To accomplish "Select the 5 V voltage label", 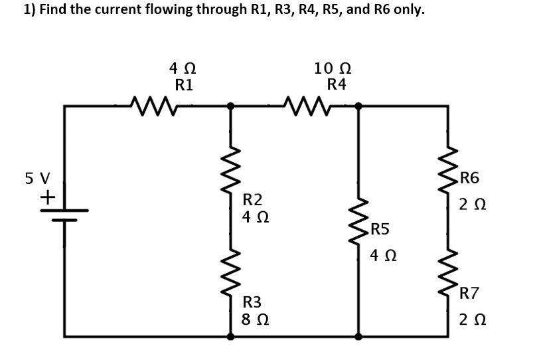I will coord(37,179).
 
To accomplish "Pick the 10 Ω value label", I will coord(333,68).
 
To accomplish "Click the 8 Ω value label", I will coord(256,319).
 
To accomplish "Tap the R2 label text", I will coord(252,199).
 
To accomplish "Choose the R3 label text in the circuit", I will coord(252,302).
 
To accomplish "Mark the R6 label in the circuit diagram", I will coord(469,177).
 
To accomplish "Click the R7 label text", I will coord(469,292).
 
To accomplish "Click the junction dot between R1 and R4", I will coord(230,106).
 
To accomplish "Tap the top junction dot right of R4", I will coord(358,106).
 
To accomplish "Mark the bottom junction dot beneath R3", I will coord(230,336).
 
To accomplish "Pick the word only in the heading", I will coord(408,10).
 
